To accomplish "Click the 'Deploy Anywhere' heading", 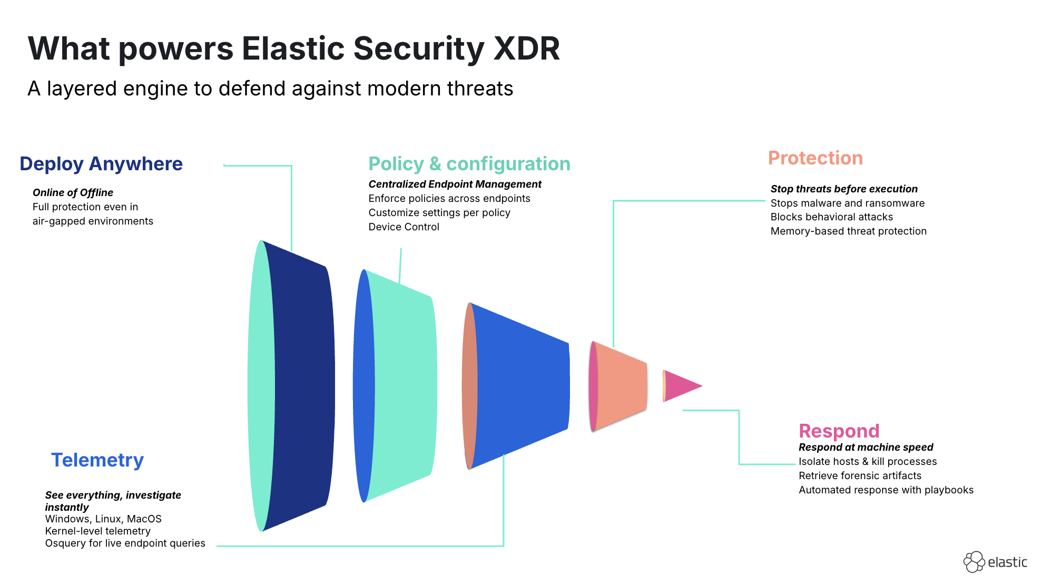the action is click(101, 164).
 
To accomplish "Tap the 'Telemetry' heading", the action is click(97, 460).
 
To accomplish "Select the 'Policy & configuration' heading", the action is click(469, 164).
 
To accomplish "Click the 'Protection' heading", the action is click(815, 158).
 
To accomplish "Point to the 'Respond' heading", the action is click(839, 431).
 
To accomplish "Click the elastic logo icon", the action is click(974, 562).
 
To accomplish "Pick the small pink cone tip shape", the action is click(683, 386).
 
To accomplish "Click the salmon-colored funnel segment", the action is click(619, 386).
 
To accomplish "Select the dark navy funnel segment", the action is click(300, 386).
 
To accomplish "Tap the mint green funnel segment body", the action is click(403, 386).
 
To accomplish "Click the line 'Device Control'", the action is click(404, 227).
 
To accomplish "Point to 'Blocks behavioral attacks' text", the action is click(832, 217).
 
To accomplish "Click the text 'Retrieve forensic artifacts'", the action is click(860, 476).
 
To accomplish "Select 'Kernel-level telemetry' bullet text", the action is click(98, 531).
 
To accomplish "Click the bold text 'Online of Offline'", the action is click(73, 193).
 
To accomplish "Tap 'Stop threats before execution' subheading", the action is click(844, 189).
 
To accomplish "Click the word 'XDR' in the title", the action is click(527, 48).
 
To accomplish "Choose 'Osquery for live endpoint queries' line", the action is click(125, 543).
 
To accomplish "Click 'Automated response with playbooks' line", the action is click(886, 490).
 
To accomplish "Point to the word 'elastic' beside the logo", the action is click(1007, 562).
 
